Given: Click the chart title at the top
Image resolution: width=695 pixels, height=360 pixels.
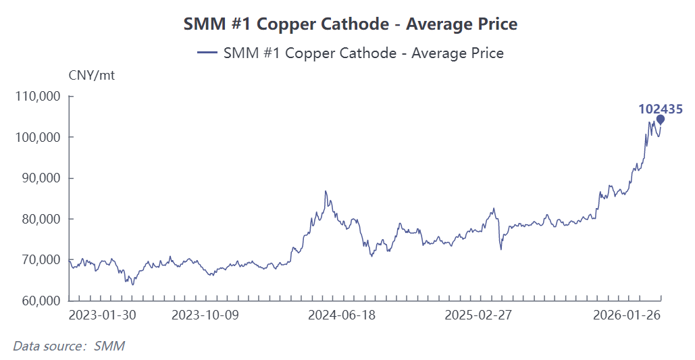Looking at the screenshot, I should click(351, 24).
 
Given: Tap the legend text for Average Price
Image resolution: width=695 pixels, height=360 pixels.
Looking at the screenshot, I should click(363, 53).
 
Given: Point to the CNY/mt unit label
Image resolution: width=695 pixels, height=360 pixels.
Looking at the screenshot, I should click(92, 75).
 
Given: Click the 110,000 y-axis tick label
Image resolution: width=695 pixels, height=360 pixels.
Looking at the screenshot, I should click(38, 97).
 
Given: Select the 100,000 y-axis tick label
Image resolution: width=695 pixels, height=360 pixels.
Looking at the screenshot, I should click(38, 137).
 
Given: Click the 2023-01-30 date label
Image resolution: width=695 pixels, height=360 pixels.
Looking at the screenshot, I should click(103, 315).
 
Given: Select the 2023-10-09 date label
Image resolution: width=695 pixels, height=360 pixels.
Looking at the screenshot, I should click(205, 315).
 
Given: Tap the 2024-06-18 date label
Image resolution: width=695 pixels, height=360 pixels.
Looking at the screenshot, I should click(342, 315).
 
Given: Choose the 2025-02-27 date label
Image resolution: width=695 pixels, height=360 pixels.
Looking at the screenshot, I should click(479, 315).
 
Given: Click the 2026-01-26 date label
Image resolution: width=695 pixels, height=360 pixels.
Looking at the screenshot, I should click(626, 315).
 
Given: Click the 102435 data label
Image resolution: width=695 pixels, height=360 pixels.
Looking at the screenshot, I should click(661, 108).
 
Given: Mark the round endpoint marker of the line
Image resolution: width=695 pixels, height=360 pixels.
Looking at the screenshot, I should click(661, 120).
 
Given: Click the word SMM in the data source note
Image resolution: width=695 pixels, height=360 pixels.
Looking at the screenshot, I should click(109, 346).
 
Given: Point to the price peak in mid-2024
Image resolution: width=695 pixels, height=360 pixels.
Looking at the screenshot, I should click(326, 192).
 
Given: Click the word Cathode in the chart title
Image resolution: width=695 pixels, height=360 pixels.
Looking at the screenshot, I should click(357, 24).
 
